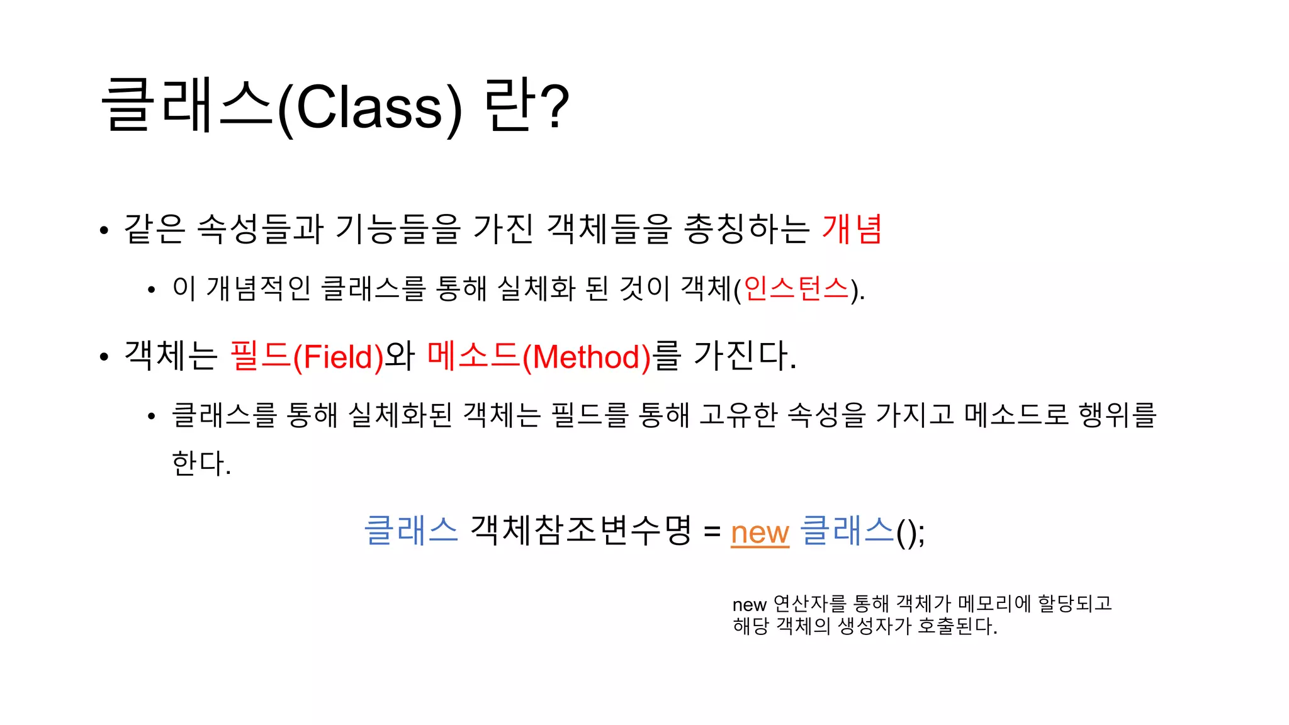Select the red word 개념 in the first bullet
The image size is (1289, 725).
tap(852, 228)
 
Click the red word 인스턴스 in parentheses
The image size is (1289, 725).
tap(796, 289)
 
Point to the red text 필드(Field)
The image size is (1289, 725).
tap(307, 356)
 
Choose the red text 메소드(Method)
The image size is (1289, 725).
tap(539, 356)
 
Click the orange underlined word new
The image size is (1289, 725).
tap(760, 533)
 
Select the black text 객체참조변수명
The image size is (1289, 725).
tap(580, 531)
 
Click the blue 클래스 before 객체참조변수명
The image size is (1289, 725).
tap(411, 531)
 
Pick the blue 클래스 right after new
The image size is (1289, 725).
tap(847, 531)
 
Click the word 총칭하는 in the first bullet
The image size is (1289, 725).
tap(746, 228)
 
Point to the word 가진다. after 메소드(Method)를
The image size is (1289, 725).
tap(745, 356)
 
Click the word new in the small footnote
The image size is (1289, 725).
tap(749, 605)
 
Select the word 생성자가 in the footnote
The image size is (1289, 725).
tap(875, 626)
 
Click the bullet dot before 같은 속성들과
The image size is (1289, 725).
tap(104, 230)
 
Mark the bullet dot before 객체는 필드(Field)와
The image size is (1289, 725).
tap(104, 357)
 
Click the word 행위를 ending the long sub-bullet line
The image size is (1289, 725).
tap(1117, 415)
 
